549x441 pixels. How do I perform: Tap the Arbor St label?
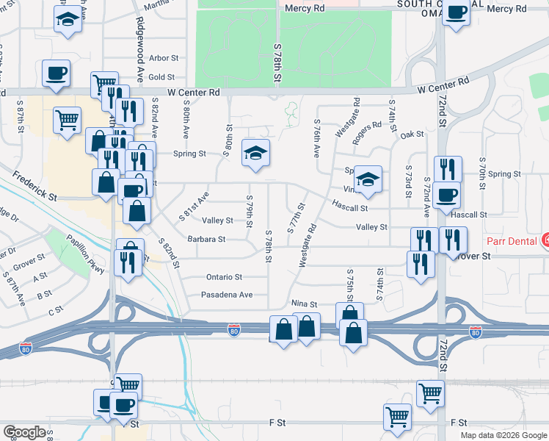click(x=164, y=58)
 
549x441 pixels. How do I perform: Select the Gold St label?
click(x=161, y=76)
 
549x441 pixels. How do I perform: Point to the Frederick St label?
click(x=34, y=187)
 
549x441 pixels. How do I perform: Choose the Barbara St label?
click(x=206, y=239)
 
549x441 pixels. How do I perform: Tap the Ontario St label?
click(x=224, y=277)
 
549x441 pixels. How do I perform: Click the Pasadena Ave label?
click(x=228, y=295)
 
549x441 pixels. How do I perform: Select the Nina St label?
click(x=304, y=304)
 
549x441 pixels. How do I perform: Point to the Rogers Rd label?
click(x=367, y=125)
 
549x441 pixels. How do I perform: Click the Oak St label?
click(x=412, y=135)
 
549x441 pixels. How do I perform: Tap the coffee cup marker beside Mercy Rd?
click(x=457, y=12)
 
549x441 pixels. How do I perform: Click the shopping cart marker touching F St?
click(x=397, y=416)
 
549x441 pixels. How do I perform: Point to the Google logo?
click(x=24, y=432)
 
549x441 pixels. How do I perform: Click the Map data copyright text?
click(x=504, y=435)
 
